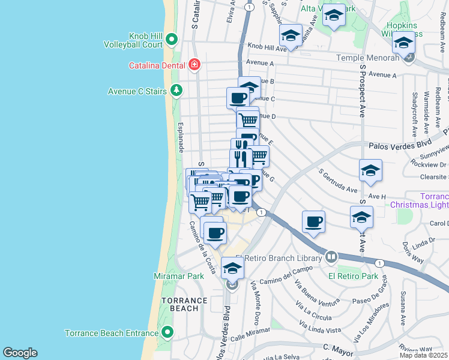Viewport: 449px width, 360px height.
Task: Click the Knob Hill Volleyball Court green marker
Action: pos(172,40)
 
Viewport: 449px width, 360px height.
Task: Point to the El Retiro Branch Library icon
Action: pos(331,257)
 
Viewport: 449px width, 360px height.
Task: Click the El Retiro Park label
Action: pos(353,276)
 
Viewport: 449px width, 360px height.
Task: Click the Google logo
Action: pos(20,353)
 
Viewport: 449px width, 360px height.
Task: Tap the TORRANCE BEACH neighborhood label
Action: pos(180,304)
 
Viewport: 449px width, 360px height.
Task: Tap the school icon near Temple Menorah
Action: pos(403,43)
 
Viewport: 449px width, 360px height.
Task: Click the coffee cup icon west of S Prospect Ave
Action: pos(313,222)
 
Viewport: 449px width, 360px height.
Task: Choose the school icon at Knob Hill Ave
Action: pos(291,35)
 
